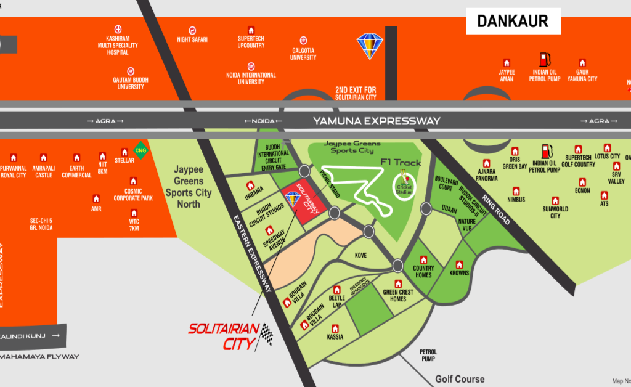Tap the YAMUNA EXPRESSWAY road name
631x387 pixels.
(377, 121)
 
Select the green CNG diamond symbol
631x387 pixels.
(141, 150)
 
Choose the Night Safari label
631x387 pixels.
(192, 39)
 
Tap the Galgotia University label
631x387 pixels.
(303, 54)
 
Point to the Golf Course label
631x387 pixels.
(460, 379)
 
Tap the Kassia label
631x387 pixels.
(335, 337)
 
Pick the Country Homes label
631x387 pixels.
(423, 272)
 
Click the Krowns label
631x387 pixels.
(459, 273)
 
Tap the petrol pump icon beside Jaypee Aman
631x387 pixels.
(544, 60)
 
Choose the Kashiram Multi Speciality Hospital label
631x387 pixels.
(118, 44)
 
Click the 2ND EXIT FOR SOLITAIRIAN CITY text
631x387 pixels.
(356, 93)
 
